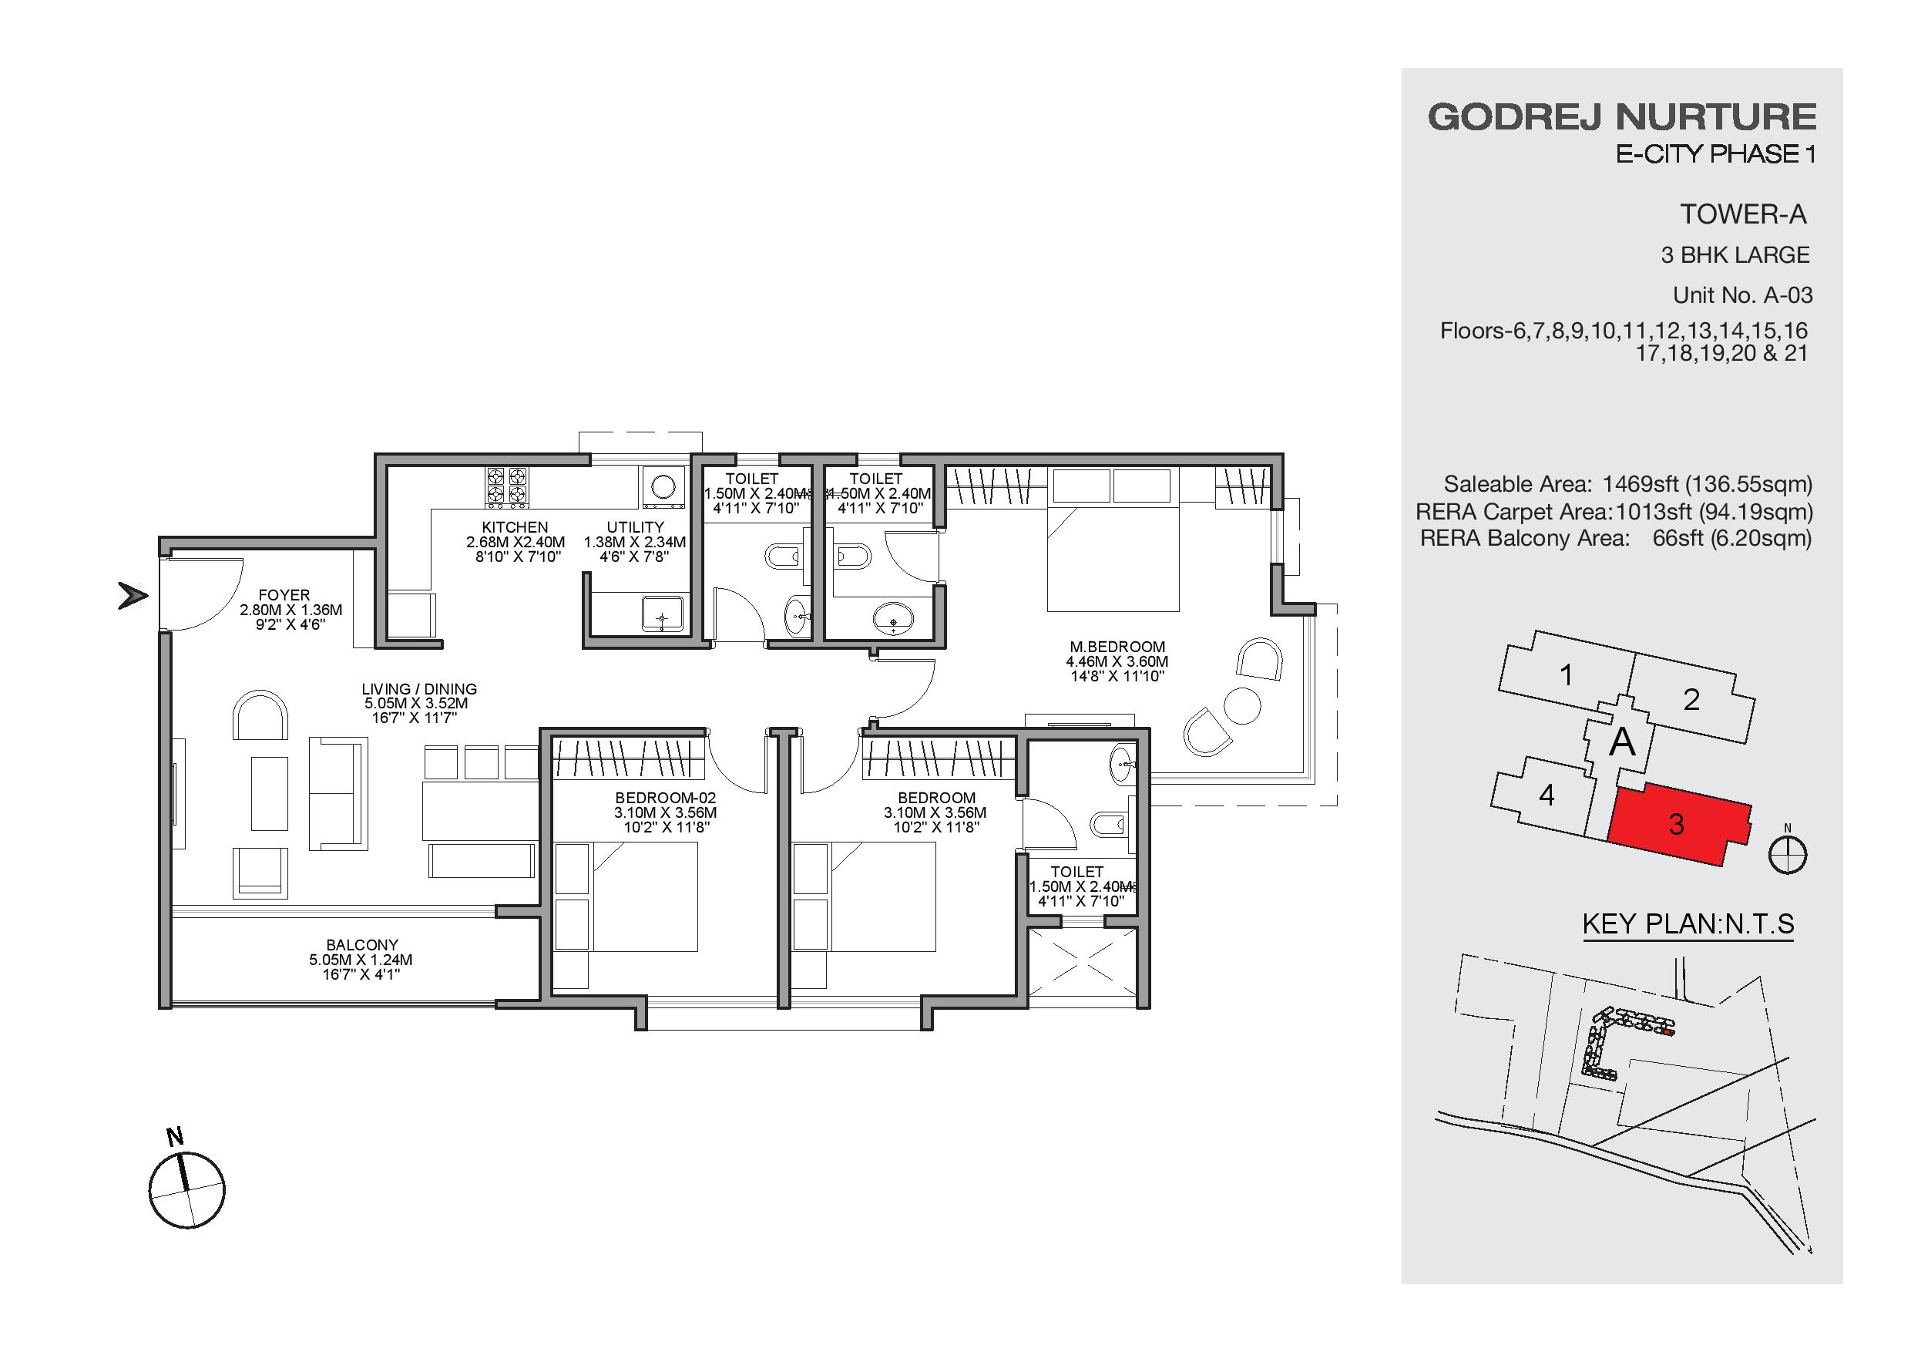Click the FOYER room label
click(x=284, y=595)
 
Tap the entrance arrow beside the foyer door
click(x=133, y=596)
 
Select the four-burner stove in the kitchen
click(x=507, y=486)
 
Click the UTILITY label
click(x=635, y=527)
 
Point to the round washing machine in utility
click(x=663, y=486)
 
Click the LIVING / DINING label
click(x=419, y=689)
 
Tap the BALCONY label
click(x=362, y=945)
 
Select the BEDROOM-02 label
click(x=665, y=798)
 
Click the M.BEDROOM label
click(x=1117, y=646)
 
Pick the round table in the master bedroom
click(x=1243, y=706)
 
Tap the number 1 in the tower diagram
click(x=1566, y=675)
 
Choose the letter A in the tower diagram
click(x=1622, y=741)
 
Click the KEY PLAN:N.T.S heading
click(x=1688, y=924)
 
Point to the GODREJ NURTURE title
click(x=1622, y=116)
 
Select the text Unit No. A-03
click(x=1743, y=295)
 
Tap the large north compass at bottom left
click(x=187, y=1189)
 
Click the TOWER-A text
click(x=1743, y=215)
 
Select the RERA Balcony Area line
click(x=1616, y=539)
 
